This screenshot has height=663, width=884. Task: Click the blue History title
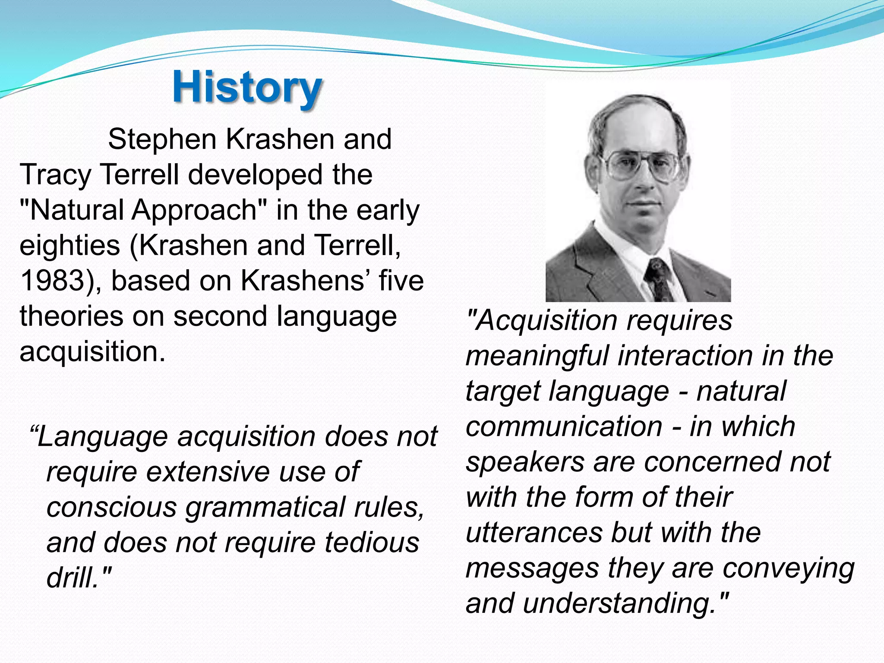(247, 88)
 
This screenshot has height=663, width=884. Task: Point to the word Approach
(194, 211)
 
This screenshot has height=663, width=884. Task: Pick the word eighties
(70, 246)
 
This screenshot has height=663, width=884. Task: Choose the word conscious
(112, 507)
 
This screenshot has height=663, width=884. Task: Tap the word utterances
(534, 533)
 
